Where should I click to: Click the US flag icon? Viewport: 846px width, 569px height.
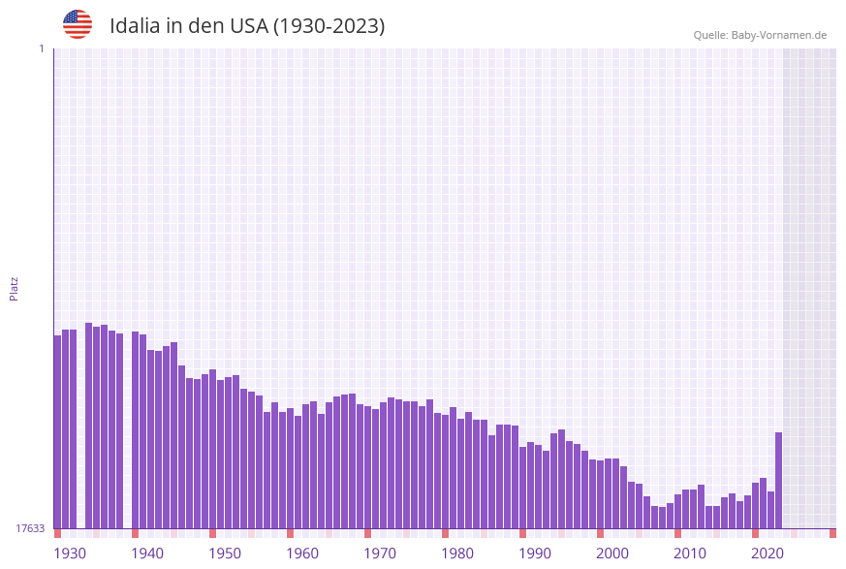[78, 24]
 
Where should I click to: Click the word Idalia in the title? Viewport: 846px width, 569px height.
[134, 26]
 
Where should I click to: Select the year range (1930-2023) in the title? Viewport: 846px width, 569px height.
[329, 26]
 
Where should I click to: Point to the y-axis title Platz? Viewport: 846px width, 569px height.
[15, 288]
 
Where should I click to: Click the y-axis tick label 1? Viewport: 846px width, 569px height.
[41, 48]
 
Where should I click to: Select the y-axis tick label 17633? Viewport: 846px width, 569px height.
[30, 528]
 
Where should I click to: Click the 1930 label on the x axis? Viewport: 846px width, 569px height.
[70, 553]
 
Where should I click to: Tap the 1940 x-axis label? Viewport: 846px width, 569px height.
[147, 553]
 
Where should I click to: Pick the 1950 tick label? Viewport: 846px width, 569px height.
[225, 553]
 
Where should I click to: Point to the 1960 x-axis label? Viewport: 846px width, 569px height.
[302, 553]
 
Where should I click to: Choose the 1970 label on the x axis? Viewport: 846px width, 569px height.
[380, 553]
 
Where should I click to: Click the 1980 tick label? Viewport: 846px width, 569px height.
[457, 553]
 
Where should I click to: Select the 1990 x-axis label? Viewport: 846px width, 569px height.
[535, 553]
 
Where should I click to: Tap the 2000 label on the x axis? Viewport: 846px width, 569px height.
[612, 553]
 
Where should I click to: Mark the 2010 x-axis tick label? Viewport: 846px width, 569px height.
[690, 553]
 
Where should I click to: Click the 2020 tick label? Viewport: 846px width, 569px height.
[768, 553]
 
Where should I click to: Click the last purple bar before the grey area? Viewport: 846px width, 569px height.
[778, 480]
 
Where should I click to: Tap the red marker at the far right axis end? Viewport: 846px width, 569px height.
[832, 533]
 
